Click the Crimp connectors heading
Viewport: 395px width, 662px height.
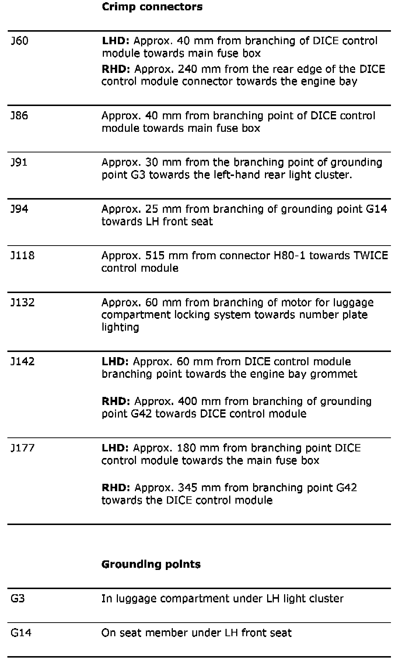point(152,7)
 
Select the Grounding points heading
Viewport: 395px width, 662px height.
point(151,564)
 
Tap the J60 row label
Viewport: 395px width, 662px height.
point(20,41)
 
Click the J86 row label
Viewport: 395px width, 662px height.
point(20,116)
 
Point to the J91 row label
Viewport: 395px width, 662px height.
point(19,162)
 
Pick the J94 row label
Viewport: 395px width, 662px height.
point(20,209)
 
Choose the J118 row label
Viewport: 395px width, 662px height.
point(22,255)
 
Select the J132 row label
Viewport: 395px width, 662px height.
point(22,302)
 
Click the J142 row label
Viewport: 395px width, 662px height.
point(22,361)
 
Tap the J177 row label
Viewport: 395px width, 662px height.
point(22,448)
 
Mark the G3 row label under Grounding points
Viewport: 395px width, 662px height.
point(18,598)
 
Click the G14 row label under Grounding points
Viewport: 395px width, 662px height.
point(21,633)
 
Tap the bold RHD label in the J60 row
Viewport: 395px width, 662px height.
point(116,69)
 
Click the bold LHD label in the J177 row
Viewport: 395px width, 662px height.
point(115,448)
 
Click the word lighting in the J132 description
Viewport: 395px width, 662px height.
point(120,327)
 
